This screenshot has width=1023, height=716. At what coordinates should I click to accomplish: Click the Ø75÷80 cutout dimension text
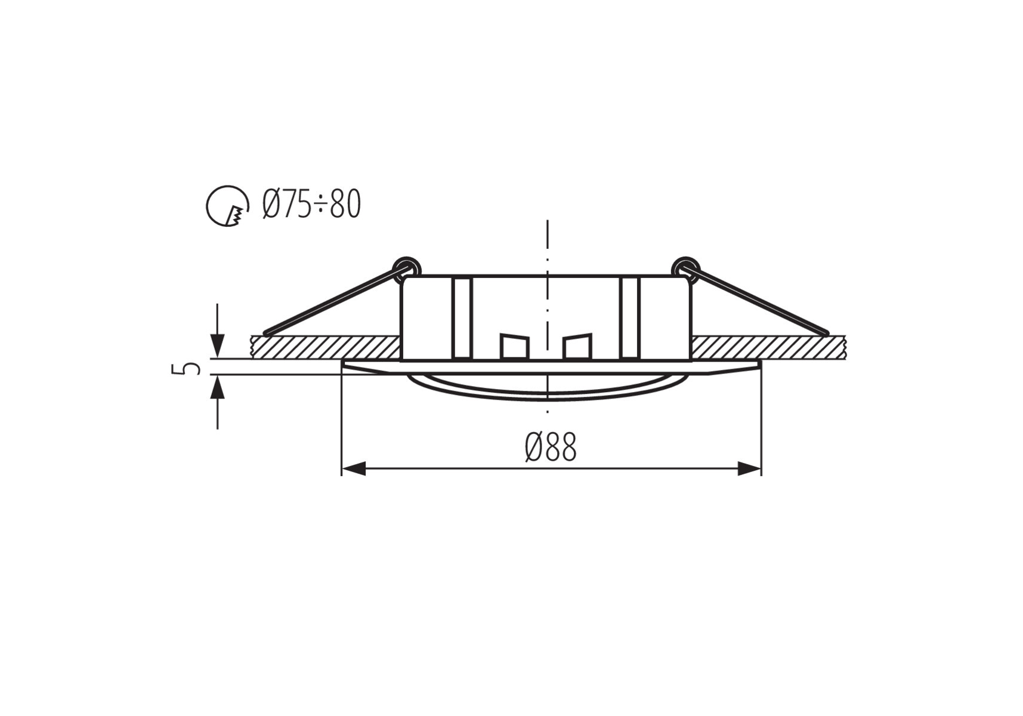click(312, 205)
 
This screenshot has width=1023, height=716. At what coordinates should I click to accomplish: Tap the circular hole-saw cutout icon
click(227, 206)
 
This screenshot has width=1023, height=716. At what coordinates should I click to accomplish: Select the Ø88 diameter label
click(551, 447)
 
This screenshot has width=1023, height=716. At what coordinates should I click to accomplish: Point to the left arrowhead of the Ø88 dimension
click(353, 468)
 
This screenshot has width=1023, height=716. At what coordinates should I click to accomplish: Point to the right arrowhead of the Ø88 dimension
click(749, 468)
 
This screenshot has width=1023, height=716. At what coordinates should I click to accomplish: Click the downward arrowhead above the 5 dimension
click(218, 346)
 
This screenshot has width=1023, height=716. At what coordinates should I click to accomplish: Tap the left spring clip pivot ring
click(407, 267)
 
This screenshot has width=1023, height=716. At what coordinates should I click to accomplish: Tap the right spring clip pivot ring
click(685, 267)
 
